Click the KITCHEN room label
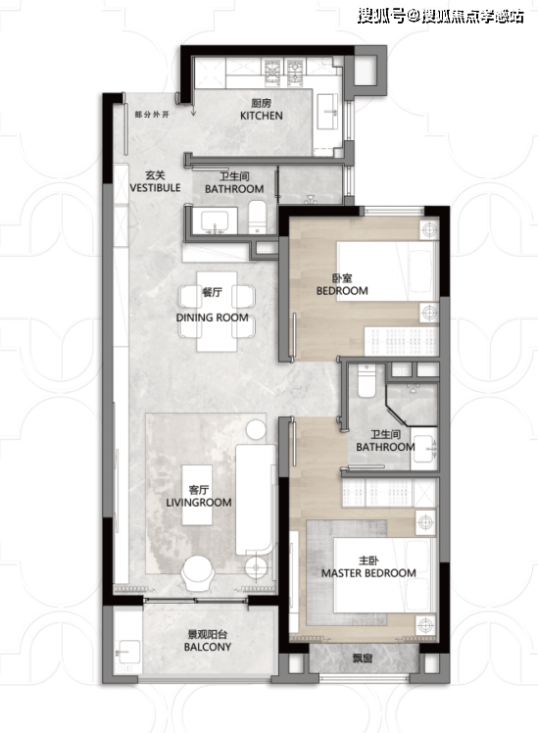[x=262, y=116]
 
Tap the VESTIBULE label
[x=155, y=188]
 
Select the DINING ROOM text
[x=213, y=318]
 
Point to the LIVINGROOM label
[x=199, y=503]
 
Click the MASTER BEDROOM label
[x=368, y=573]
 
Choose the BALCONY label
[x=208, y=647]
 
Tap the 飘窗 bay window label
[x=363, y=659]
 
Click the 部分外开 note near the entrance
[x=152, y=114]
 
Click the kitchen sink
[x=327, y=112]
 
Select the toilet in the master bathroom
[x=367, y=381]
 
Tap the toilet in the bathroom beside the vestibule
[x=257, y=217]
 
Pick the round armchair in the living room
[x=199, y=573]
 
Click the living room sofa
[x=255, y=500]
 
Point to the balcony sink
[x=127, y=652]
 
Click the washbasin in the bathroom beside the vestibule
[x=215, y=221]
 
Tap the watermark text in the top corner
[x=441, y=17]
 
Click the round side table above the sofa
[x=256, y=429]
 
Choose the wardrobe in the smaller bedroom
[x=401, y=342]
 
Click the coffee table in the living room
[x=198, y=495]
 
